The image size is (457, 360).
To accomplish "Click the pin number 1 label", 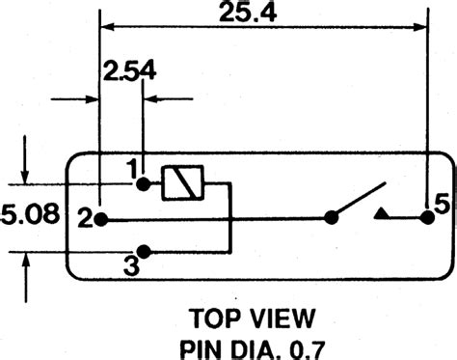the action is pyautogui.click(x=132, y=168).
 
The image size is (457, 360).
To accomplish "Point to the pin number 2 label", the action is pyautogui.click(x=85, y=219).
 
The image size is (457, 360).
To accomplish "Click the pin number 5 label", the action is pyautogui.click(x=441, y=205).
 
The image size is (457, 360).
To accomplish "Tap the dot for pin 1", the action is pyautogui.click(x=144, y=182).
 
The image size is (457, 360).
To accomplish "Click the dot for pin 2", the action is pyautogui.click(x=101, y=219).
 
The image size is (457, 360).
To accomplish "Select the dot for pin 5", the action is pyautogui.click(x=425, y=218).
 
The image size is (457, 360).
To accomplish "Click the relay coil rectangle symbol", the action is pyautogui.click(x=180, y=182).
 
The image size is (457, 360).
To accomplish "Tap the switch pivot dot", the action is pyautogui.click(x=332, y=218).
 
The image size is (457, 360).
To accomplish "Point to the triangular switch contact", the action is pyautogui.click(x=382, y=213).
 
